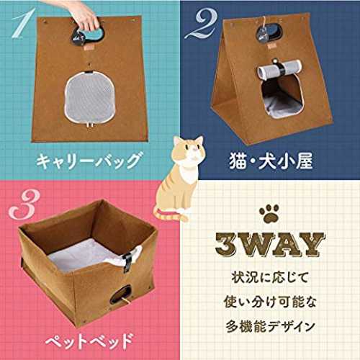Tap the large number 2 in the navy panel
click(x=201, y=24)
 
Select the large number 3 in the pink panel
click(x=24, y=204)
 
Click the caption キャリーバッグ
click(x=89, y=161)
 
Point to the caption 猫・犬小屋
click(x=271, y=161)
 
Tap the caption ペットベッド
click(x=89, y=341)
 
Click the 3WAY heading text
click(x=270, y=245)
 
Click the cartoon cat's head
click(x=189, y=150)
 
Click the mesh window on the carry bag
click(x=90, y=97)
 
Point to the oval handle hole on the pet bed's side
click(x=121, y=294)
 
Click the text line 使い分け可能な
click(x=270, y=302)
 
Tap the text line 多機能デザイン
click(x=270, y=326)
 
